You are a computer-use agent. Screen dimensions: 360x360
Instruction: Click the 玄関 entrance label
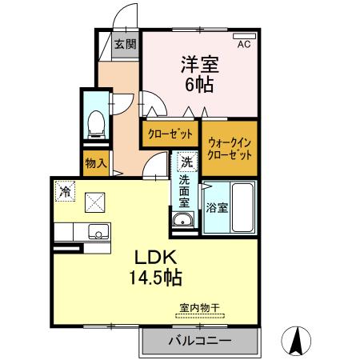[124, 44]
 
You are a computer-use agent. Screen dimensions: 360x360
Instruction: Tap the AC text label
[243, 46]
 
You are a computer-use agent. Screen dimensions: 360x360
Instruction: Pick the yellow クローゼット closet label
[170, 134]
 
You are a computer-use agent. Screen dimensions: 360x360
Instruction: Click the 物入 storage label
[96, 163]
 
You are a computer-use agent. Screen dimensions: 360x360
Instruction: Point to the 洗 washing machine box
[187, 162]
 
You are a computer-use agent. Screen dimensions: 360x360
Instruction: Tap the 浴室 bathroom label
[217, 207]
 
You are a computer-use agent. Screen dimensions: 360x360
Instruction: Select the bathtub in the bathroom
[242, 207]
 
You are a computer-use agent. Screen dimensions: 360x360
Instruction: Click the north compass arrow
[297, 342]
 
